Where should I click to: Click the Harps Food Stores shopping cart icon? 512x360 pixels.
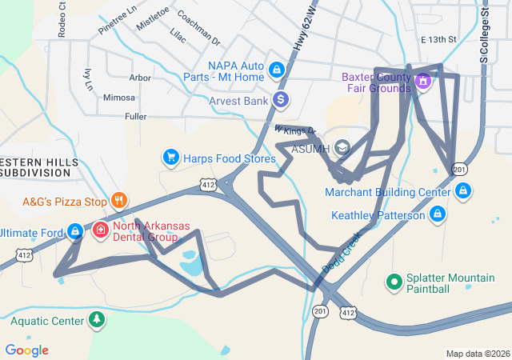click(170, 157)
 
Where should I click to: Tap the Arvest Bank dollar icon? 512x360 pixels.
click(281, 100)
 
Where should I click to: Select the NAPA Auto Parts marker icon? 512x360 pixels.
click(277, 70)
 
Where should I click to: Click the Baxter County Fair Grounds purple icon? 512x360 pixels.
click(423, 80)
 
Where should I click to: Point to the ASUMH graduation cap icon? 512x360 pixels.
click(342, 147)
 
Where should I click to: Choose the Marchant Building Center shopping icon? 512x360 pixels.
click(462, 191)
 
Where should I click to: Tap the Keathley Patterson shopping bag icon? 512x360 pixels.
click(437, 214)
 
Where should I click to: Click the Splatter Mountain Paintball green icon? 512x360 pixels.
click(394, 282)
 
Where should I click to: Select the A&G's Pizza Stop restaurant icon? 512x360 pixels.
click(118, 200)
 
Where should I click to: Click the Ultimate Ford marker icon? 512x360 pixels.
click(75, 232)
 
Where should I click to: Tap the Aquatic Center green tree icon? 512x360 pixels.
click(96, 320)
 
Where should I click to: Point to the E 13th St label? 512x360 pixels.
click(438, 39)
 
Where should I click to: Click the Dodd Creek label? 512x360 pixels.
click(342, 250)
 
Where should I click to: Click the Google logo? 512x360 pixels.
click(26, 350)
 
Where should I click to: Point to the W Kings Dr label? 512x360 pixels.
click(295, 130)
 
